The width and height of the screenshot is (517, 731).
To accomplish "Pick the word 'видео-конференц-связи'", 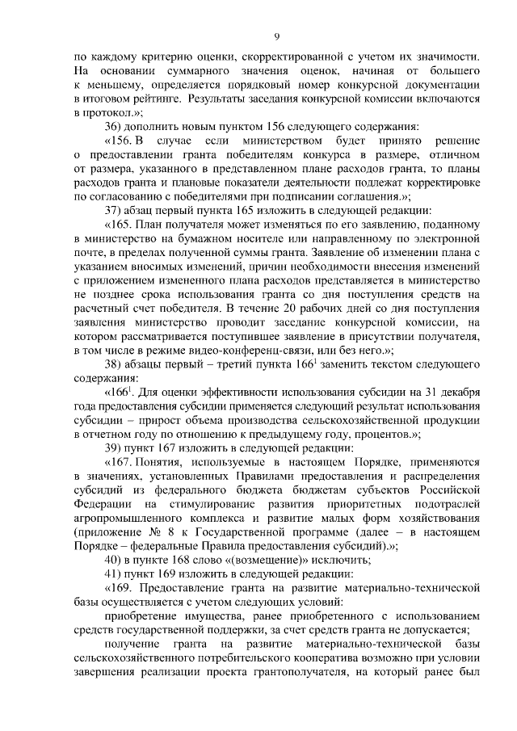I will [x=279, y=351].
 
